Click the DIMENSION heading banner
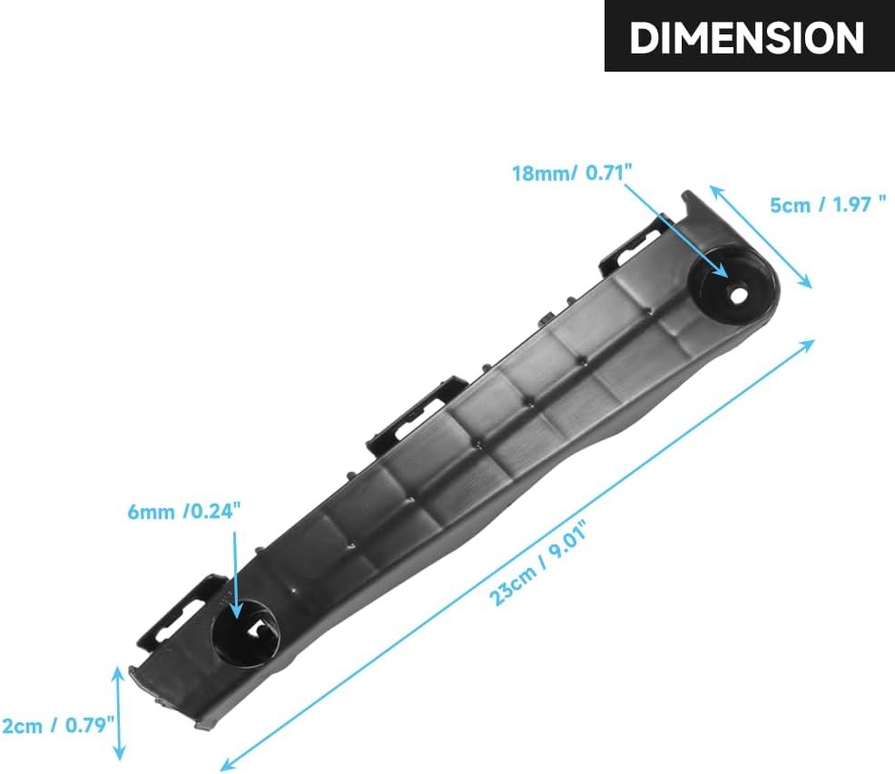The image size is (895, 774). tap(750, 35)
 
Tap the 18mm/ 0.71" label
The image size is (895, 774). tap(572, 172)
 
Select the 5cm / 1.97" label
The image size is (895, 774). tap(828, 204)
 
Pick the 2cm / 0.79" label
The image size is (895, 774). tap(58, 726)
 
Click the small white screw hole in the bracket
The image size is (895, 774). tap(739, 295)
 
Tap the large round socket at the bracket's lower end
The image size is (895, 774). tap(245, 632)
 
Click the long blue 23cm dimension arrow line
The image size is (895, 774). tap(517, 554)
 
